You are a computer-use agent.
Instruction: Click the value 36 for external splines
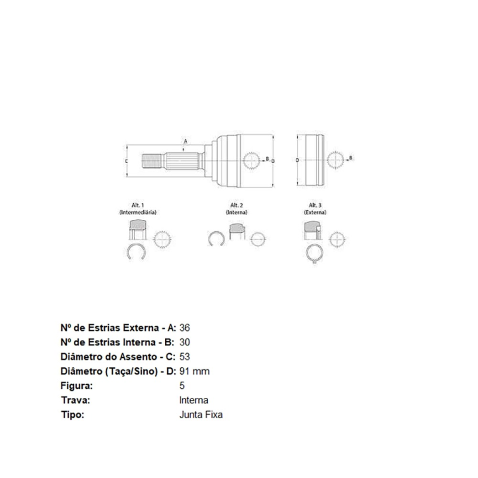point(185,328)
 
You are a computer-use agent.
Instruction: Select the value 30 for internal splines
point(185,342)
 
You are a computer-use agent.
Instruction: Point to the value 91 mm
point(194,371)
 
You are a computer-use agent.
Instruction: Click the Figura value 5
point(182,385)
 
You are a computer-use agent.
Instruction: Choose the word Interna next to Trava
point(194,400)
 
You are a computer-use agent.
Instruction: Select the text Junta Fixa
point(201,415)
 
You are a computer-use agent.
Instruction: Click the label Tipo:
point(72,415)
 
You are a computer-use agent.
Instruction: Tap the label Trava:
point(74,400)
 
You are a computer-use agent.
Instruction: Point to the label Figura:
point(77,385)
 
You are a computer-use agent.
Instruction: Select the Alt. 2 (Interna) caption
point(237,209)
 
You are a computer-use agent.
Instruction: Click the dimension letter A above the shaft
point(186,142)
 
